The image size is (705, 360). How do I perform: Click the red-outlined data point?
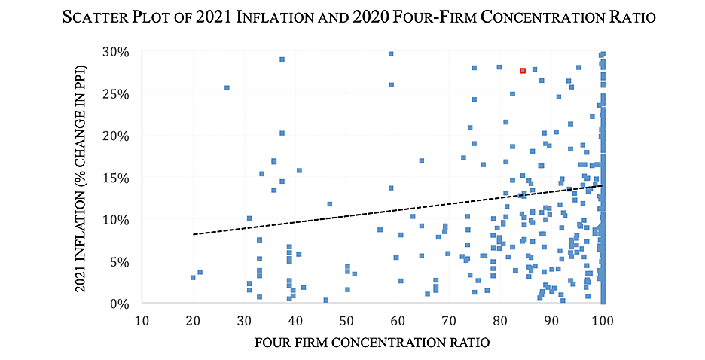523,71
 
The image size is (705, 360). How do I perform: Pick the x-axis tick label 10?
142,320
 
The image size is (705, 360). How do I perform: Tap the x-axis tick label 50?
346,320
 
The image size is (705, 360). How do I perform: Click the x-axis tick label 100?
603,320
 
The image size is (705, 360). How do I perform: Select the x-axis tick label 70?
449,320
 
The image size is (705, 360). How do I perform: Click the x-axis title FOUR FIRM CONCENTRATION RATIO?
372,343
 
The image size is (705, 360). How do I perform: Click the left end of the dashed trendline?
194,234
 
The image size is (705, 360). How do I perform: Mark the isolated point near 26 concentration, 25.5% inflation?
227,88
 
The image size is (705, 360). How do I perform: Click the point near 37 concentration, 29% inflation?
282,59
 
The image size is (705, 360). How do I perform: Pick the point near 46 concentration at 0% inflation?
326,301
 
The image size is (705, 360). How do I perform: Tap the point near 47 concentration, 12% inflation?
329,204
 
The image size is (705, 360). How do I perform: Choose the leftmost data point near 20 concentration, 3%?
193,278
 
